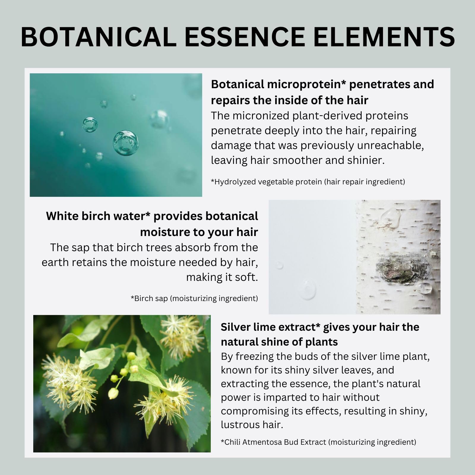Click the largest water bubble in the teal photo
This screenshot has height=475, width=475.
tap(126, 143)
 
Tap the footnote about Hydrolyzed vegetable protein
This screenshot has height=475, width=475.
tap(308, 182)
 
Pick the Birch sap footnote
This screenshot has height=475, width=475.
tap(194, 298)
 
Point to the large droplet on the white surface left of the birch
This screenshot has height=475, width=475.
tap(308, 289)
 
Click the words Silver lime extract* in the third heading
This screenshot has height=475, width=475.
tap(270, 327)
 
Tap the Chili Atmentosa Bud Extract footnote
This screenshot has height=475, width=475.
tap(318, 442)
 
